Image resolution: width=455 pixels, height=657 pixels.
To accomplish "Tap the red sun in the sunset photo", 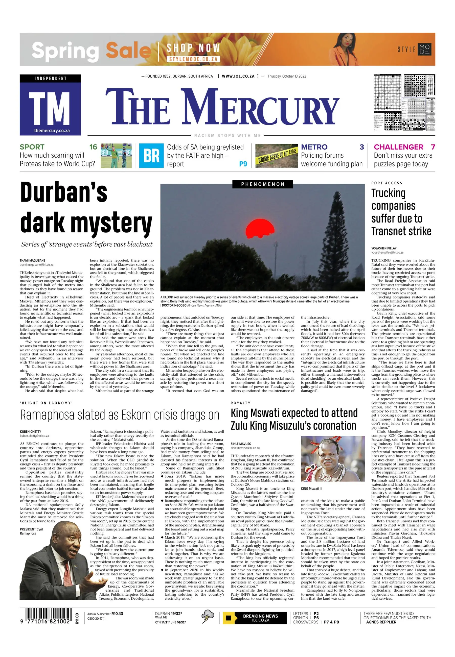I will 259,229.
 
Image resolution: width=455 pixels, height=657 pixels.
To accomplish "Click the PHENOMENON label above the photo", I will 263,184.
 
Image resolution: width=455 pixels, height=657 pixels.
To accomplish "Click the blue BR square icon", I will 151,156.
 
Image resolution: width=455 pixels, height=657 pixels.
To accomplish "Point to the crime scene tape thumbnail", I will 276,156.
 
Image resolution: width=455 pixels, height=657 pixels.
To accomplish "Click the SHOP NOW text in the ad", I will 193,48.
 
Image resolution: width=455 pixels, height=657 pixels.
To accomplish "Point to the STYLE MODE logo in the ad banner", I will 414,49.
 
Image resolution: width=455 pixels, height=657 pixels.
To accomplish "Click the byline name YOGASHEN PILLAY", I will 384,248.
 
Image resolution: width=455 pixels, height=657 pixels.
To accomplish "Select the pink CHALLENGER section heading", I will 398,147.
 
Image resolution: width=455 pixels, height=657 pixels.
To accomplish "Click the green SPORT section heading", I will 32,147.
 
